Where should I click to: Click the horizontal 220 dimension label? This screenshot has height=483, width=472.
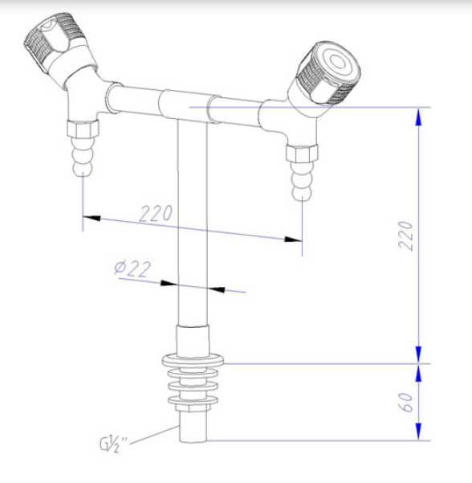[x=156, y=213]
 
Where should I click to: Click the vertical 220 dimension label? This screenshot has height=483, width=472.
[x=405, y=235]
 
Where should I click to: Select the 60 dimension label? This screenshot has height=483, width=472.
[x=405, y=403]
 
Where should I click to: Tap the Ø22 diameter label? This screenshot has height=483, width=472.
[x=133, y=268]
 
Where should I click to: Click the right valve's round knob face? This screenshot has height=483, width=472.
[x=339, y=63]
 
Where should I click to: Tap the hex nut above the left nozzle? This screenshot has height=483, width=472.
[x=83, y=129]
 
